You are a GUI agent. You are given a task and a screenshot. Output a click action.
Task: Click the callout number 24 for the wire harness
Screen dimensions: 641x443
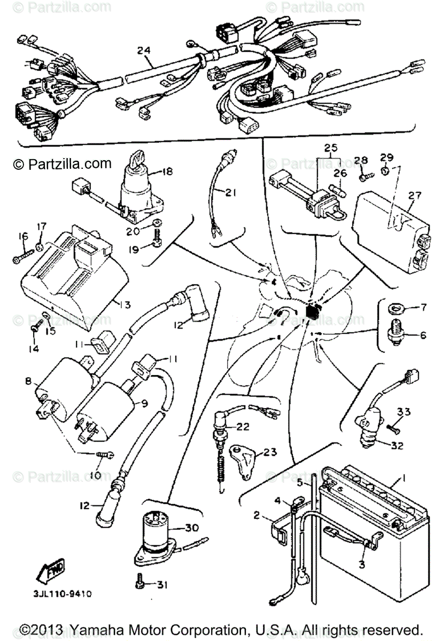pyautogui.click(x=143, y=51)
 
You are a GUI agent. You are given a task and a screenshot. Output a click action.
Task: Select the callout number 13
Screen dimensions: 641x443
pyautogui.click(x=125, y=305)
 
